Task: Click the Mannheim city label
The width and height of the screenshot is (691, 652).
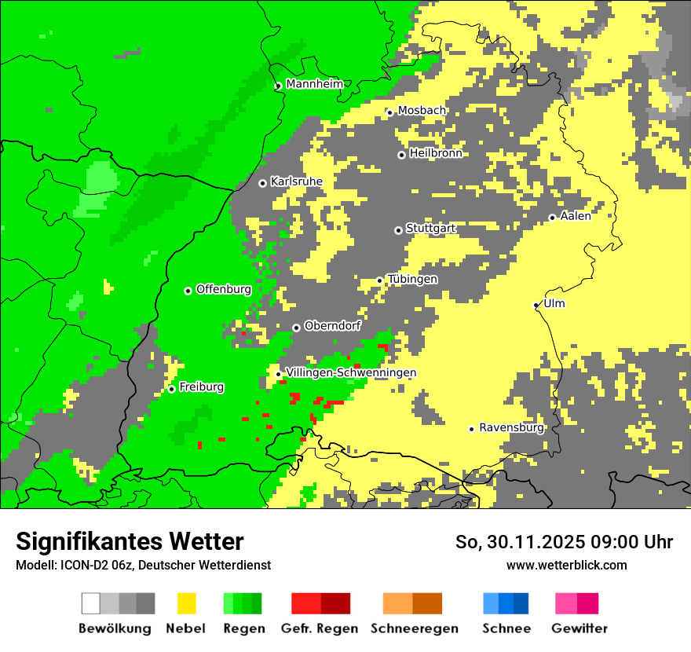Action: pyautogui.click(x=315, y=84)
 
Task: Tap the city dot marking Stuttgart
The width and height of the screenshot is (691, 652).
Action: pyautogui.click(x=398, y=230)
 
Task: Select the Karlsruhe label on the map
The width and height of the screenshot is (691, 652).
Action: pyautogui.click(x=297, y=181)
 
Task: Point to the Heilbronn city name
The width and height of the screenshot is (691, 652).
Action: pyautogui.click(x=436, y=153)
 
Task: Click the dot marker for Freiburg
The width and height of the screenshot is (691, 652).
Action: pyautogui.click(x=171, y=389)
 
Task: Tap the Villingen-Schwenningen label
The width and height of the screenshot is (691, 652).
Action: pyautogui.click(x=351, y=372)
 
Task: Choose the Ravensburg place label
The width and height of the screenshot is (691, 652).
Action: pyautogui.click(x=511, y=428)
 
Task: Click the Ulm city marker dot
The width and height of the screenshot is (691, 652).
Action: pyautogui.click(x=536, y=305)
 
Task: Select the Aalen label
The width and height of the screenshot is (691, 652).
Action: pyautogui.click(x=576, y=216)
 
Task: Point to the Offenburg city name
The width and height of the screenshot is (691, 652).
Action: pyautogui.click(x=224, y=289)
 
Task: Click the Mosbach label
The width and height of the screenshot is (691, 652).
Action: pyautogui.click(x=422, y=111)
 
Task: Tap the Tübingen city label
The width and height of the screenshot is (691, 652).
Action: pyautogui.click(x=412, y=280)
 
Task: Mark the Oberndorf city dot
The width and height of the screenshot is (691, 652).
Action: pyautogui.click(x=296, y=328)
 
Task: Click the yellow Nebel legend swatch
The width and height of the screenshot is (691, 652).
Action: pyautogui.click(x=186, y=603)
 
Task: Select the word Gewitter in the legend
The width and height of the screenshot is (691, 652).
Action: pyautogui.click(x=579, y=628)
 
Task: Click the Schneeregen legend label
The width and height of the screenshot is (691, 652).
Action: pyautogui.click(x=415, y=628)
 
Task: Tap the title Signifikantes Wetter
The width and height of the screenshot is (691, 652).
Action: pyautogui.click(x=130, y=541)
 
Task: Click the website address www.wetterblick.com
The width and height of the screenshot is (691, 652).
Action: pyautogui.click(x=566, y=565)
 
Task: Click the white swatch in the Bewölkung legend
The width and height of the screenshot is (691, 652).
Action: pyautogui.click(x=91, y=603)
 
